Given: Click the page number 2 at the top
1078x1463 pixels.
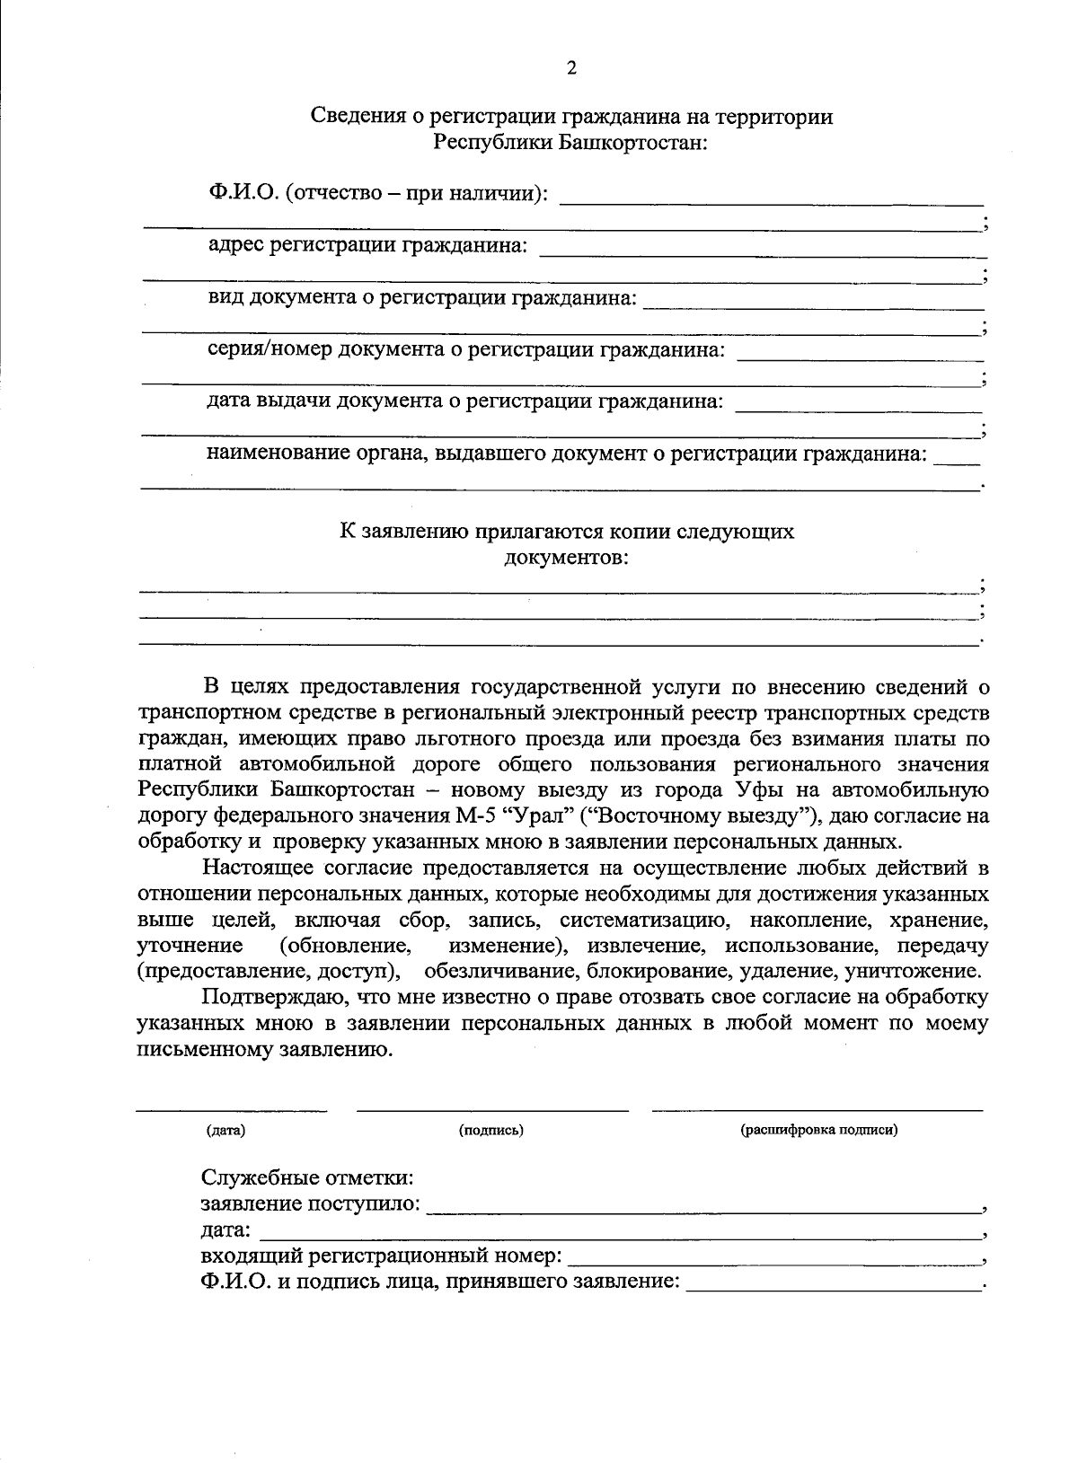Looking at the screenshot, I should point(570,69).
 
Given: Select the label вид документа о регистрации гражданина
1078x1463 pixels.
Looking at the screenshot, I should point(422,297).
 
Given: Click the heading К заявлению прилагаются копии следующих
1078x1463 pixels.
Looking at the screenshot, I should point(566,531).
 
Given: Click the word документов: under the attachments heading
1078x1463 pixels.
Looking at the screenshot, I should point(566,558).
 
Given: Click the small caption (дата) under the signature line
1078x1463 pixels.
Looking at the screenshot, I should point(225,1130).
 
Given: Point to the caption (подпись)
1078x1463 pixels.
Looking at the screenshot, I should point(490,1130).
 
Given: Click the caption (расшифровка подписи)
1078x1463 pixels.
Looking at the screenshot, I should point(818,1130).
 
